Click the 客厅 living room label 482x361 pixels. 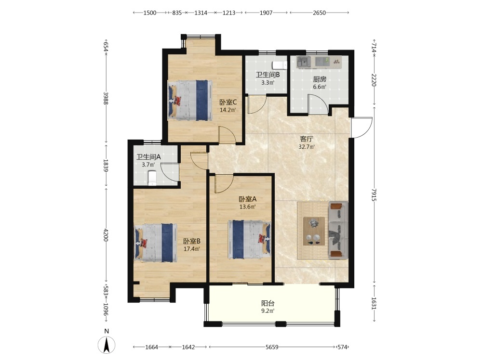[x=307, y=139]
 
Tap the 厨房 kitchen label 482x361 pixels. [x=320, y=79]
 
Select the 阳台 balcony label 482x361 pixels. [x=268, y=303]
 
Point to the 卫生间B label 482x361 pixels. [x=268, y=75]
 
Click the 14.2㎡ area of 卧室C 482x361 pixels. [x=228, y=110]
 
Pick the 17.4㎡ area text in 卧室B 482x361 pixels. [x=192, y=249]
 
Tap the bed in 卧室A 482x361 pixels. [x=249, y=239]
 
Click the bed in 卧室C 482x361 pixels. [x=190, y=100]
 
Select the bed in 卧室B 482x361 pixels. [x=156, y=243]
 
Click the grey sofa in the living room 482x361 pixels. [x=338, y=230]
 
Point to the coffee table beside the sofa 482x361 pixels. [x=314, y=231]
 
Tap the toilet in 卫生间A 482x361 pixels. [x=152, y=179]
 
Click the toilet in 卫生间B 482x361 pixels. [x=280, y=65]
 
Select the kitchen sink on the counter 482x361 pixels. [x=303, y=62]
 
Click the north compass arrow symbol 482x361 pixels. [x=107, y=345]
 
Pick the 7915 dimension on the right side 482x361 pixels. [x=374, y=195]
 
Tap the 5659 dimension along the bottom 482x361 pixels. [x=272, y=347]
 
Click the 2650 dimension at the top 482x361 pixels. [x=319, y=13]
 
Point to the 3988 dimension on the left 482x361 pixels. [x=106, y=98]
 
